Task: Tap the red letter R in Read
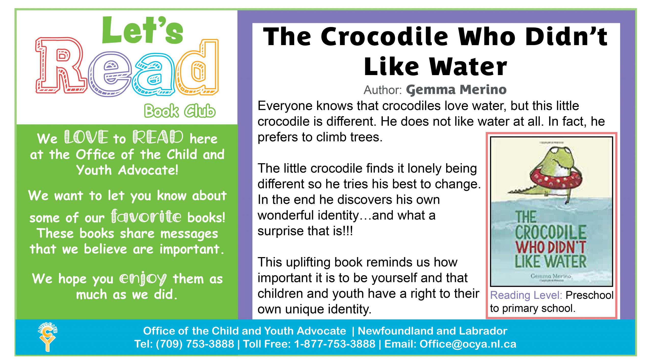point(60,66)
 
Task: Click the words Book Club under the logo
point(180,111)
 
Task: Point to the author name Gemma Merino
point(456,90)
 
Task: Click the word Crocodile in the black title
point(384,37)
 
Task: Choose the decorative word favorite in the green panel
point(146,217)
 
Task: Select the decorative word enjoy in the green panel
point(143,279)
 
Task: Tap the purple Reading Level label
point(526,295)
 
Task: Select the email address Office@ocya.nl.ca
point(468,344)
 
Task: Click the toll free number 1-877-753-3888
point(335,344)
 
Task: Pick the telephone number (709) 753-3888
point(195,344)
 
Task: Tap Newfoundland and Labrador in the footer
point(432,331)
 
